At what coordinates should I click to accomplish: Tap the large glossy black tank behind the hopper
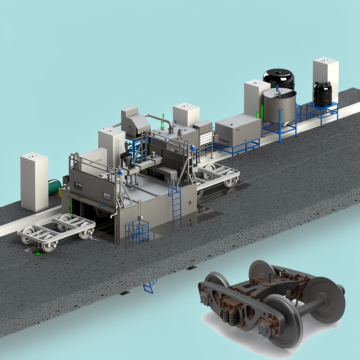279,78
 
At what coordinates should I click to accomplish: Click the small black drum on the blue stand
322,93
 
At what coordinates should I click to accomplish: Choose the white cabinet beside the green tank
34,181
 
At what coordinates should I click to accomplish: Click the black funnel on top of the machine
126,159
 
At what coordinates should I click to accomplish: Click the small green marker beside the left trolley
37,253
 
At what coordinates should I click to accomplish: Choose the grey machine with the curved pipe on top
135,122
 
